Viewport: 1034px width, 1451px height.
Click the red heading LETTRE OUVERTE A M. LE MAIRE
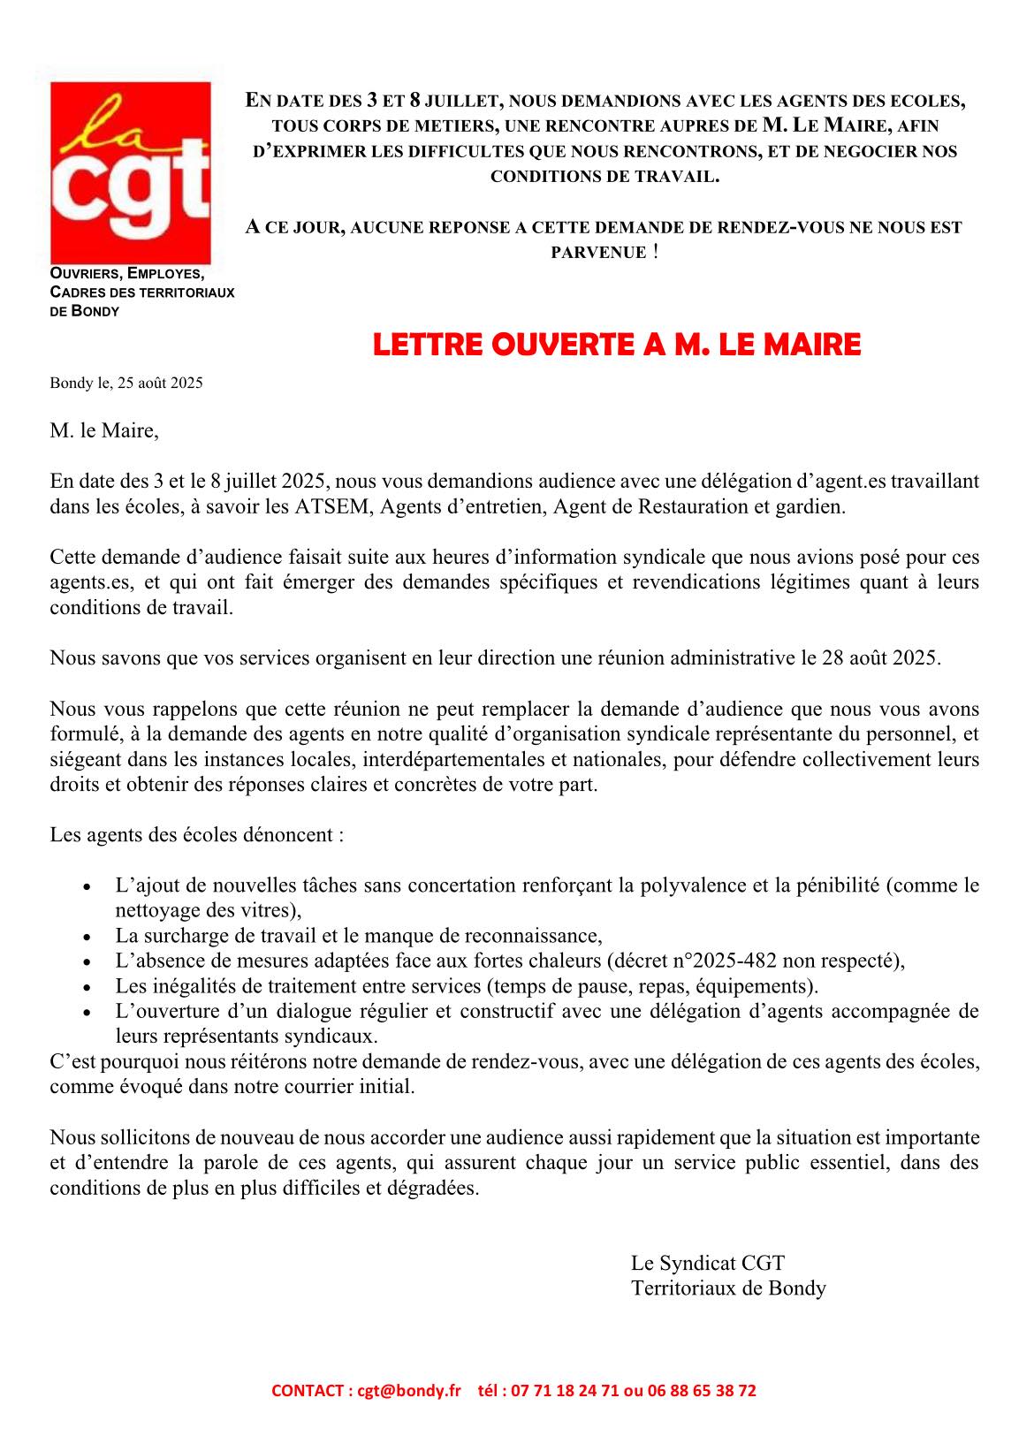[x=616, y=344]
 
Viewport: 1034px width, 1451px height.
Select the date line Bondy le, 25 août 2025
[x=126, y=384]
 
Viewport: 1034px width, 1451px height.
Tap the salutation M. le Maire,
[x=104, y=431]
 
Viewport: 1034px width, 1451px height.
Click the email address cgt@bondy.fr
[x=409, y=1390]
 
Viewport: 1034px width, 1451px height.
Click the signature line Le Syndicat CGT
[x=707, y=1263]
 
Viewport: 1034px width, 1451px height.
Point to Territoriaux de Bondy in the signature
[x=728, y=1288]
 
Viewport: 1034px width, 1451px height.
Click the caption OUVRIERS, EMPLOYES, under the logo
[x=127, y=274]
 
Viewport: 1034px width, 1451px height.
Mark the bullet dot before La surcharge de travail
[x=85, y=937]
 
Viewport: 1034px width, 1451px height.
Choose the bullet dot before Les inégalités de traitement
[x=85, y=987]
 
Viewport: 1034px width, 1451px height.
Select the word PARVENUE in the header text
[x=598, y=253]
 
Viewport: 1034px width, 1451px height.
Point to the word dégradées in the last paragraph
[x=432, y=1188]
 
